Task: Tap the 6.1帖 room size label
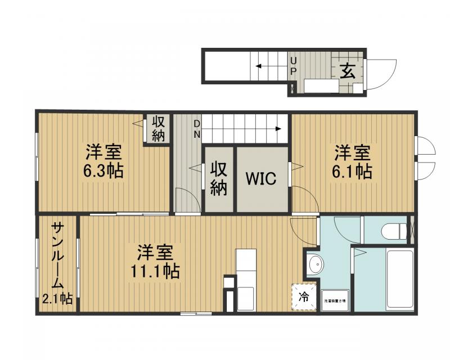[353, 171]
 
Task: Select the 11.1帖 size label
[155, 272]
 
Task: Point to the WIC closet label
[260, 179]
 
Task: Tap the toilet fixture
[393, 231]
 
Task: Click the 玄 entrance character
[348, 71]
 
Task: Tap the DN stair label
[197, 129]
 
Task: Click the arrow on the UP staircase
[259, 66]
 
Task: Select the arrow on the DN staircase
[278, 129]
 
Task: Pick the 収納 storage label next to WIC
[219, 179]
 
